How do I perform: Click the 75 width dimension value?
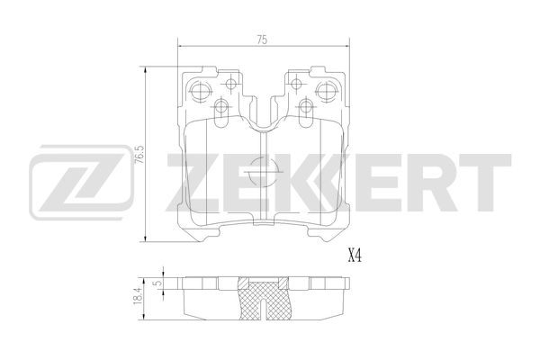260,39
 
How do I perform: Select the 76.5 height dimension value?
138,155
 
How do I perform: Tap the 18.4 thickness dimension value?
138,294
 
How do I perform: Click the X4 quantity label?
354,256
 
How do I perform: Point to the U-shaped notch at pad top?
261,117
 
